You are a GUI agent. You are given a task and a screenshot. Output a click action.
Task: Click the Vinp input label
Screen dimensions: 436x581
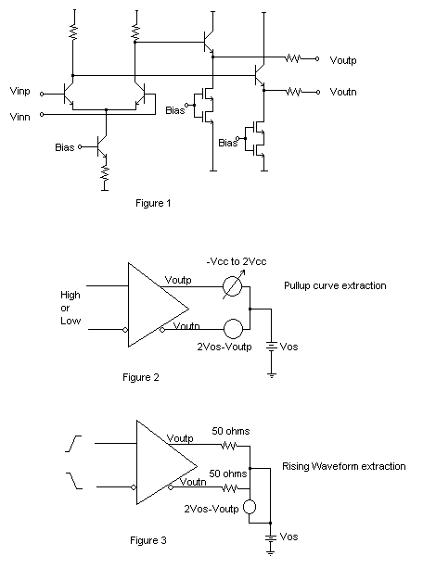point(19,91)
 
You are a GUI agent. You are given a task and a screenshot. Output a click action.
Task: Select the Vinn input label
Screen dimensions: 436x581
point(19,117)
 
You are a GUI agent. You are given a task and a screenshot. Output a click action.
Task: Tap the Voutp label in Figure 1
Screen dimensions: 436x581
point(343,60)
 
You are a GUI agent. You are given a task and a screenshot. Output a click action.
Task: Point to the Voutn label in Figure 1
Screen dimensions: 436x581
point(343,92)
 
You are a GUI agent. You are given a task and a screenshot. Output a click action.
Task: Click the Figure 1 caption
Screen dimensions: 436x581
point(153,204)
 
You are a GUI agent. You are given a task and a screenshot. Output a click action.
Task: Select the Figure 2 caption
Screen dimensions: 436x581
point(141,377)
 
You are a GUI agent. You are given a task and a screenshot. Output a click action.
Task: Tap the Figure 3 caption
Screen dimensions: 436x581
point(148,540)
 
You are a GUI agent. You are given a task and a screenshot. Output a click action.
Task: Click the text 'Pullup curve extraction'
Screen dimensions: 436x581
point(335,285)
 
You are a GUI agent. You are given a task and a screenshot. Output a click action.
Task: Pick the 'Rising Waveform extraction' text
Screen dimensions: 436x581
point(344,466)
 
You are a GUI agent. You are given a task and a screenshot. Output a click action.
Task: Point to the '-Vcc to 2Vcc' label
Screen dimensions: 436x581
point(237,261)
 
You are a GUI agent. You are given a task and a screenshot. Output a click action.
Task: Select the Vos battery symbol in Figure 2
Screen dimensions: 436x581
point(272,347)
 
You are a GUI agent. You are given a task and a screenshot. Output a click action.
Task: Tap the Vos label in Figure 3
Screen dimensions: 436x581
point(289,537)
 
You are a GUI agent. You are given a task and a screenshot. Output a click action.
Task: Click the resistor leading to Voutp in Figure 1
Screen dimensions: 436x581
point(292,58)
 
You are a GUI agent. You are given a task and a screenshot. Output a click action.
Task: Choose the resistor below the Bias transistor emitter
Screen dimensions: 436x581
point(106,173)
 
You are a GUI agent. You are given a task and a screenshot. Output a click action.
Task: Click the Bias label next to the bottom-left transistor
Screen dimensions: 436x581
point(65,147)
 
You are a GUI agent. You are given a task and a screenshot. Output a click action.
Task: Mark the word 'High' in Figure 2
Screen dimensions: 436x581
point(71,296)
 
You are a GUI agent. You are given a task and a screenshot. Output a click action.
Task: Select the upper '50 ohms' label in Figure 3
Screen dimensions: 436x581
point(231,431)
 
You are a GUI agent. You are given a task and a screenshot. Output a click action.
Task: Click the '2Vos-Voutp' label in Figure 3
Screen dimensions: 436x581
point(212,509)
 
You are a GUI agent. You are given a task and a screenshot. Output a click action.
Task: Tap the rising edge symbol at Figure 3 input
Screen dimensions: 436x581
point(73,444)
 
